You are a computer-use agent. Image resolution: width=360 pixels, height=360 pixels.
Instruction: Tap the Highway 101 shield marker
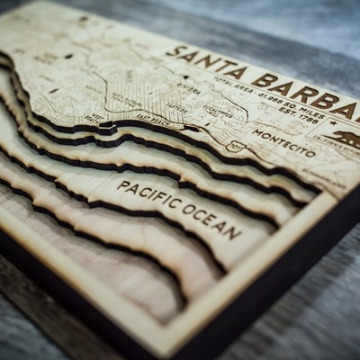(237, 145)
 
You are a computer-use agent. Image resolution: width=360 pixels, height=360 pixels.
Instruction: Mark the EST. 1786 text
(307, 115)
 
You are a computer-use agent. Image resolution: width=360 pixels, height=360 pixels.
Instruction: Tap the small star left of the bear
(332, 123)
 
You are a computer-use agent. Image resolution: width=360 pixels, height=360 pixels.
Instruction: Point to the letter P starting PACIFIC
(122, 184)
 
